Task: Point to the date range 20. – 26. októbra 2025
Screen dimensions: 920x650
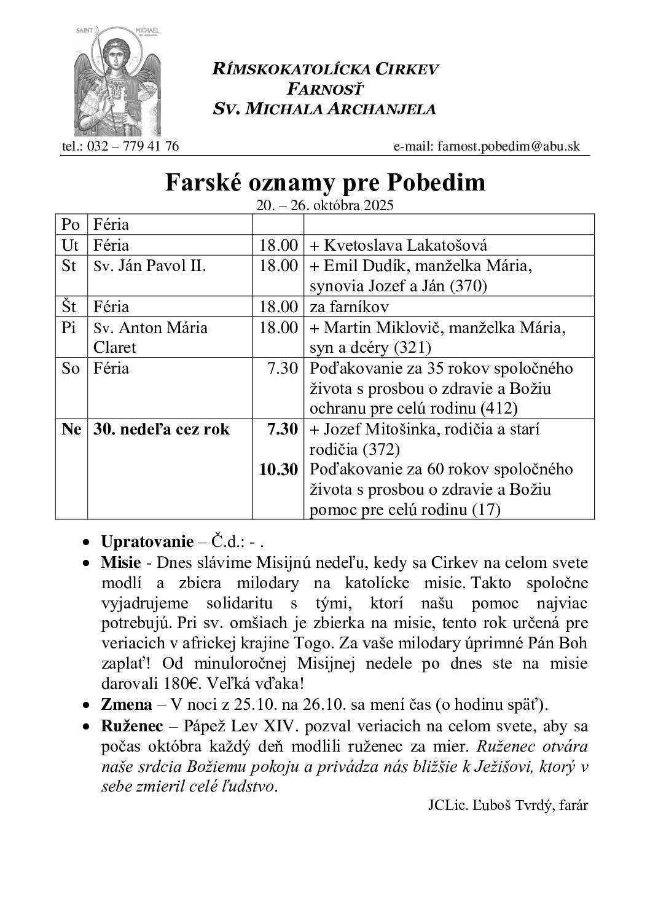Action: [x=324, y=205]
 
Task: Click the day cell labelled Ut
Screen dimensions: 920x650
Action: [x=71, y=245]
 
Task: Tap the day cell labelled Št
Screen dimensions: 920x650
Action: [x=71, y=306]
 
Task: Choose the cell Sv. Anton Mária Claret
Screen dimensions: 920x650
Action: [x=151, y=337]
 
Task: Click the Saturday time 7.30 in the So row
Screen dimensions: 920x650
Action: [x=283, y=369]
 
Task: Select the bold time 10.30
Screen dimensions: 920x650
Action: [x=278, y=470]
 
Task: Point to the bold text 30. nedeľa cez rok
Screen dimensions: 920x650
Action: [x=161, y=429]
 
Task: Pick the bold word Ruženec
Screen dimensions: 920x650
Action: [x=131, y=726]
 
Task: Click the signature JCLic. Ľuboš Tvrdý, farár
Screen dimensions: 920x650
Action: [x=507, y=806]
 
